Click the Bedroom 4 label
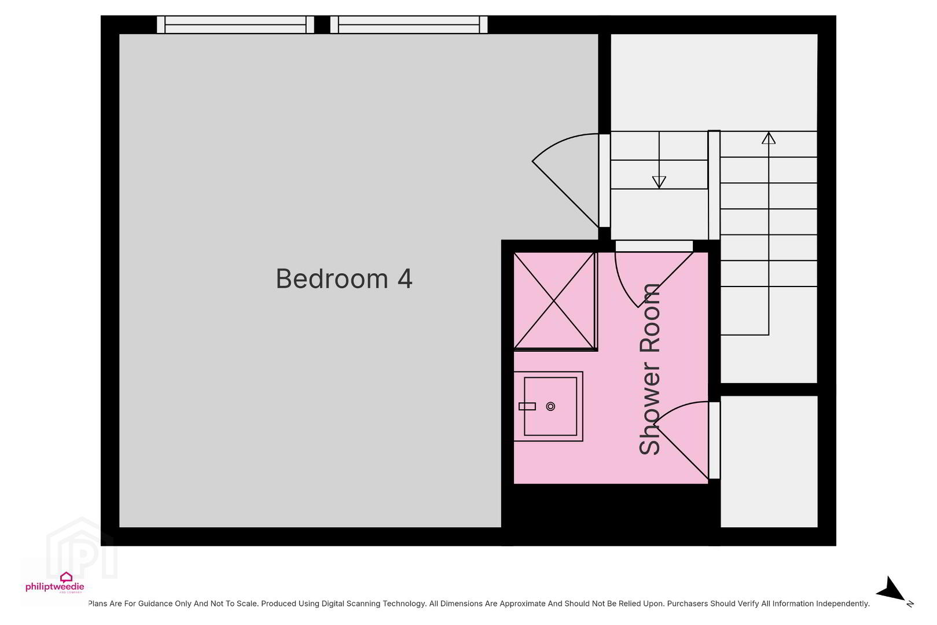click(x=344, y=278)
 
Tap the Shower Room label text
click(x=649, y=369)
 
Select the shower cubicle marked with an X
click(x=554, y=301)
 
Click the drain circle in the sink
click(x=550, y=406)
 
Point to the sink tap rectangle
click(x=527, y=406)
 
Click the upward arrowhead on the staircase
click(x=769, y=138)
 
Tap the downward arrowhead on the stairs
click(x=659, y=182)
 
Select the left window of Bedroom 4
click(x=236, y=24)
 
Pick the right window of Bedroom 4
click(x=409, y=24)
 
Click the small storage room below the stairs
click(x=769, y=461)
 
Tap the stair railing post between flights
click(x=714, y=185)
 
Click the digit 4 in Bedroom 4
click(x=405, y=278)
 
